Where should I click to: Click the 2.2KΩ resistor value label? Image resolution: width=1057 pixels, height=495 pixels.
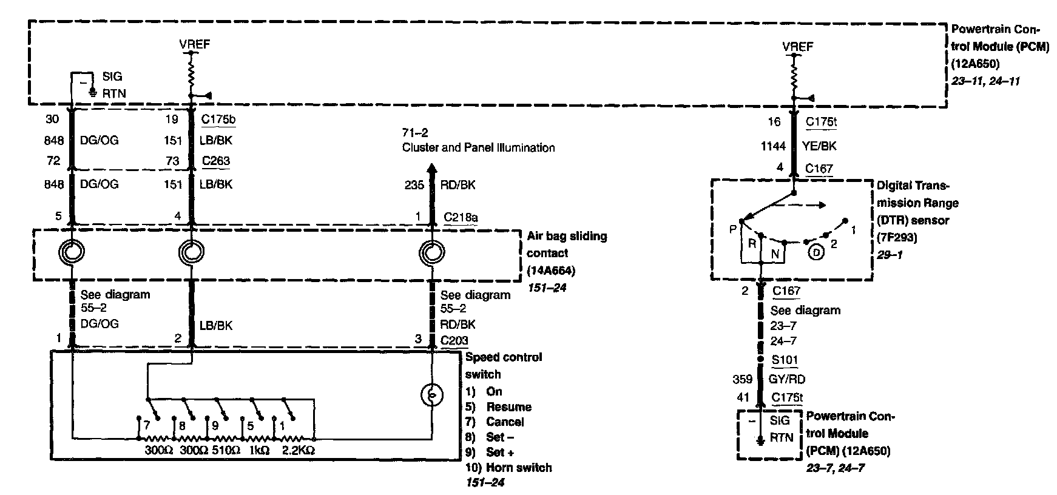tap(298, 450)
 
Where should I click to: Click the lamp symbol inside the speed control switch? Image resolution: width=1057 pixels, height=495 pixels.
tap(432, 396)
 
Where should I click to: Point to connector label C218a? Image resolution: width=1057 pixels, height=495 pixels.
tap(461, 217)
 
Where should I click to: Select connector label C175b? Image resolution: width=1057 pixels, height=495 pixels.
tap(218, 120)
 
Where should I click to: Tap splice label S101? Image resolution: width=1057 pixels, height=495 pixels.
tap(785, 360)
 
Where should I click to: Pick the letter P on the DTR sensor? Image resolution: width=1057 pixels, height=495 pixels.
tap(733, 229)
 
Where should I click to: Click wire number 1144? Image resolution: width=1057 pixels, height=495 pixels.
tap(773, 146)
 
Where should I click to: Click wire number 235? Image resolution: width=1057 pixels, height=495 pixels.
tap(414, 185)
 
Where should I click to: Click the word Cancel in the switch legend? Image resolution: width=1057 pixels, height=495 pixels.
tap(505, 422)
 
